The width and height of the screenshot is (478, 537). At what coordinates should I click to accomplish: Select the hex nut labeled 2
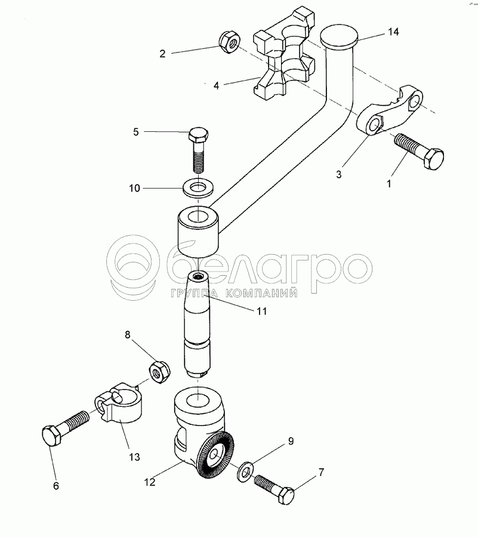click(229, 42)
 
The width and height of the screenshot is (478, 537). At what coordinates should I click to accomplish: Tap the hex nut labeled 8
click(159, 371)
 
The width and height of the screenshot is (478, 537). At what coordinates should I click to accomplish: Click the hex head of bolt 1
click(433, 159)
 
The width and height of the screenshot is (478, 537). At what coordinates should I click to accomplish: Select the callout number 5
click(135, 132)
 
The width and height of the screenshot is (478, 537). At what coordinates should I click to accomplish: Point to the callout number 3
click(339, 175)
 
